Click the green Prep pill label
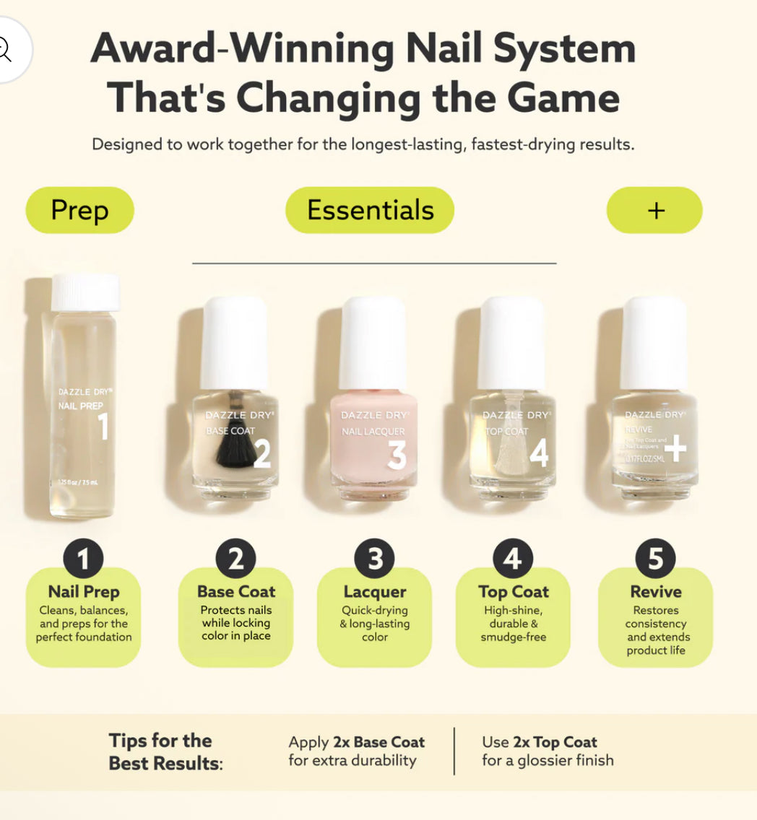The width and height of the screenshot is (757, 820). coord(79,210)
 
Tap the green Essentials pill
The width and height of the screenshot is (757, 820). coord(370,210)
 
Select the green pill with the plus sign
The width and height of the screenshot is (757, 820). coord(654,210)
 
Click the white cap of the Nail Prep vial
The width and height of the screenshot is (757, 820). coord(85,292)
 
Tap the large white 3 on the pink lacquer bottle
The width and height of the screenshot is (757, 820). coord(397,455)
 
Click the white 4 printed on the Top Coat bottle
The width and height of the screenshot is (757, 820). coord(538,454)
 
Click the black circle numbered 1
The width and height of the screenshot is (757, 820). coord(83,559)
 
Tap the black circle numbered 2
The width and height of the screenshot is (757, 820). coord(235,559)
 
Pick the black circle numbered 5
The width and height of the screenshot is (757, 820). coord(655,559)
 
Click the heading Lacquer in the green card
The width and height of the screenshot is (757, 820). coord(374,592)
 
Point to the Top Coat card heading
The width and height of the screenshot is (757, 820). coord(513,592)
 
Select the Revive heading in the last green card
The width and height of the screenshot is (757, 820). coord(655,592)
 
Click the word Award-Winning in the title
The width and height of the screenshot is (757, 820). coord(241,49)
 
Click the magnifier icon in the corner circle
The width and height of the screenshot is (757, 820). coord(4,49)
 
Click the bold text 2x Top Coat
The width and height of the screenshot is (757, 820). coord(555,742)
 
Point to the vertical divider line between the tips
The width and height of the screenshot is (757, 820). coord(454,751)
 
